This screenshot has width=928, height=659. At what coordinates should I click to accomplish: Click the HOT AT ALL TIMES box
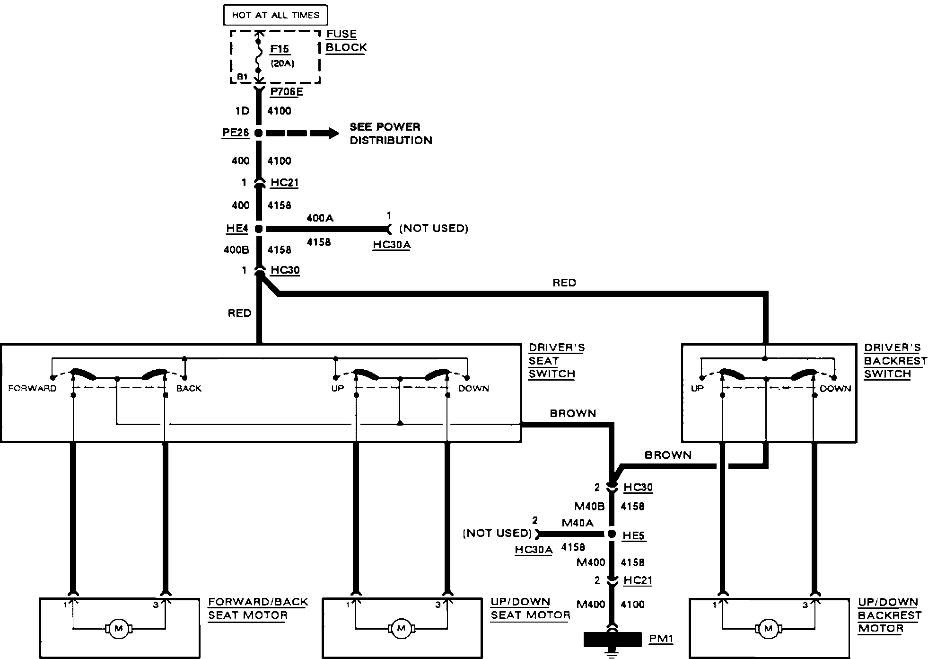pos(275,15)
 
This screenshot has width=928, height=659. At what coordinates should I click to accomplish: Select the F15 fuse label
pos(280,49)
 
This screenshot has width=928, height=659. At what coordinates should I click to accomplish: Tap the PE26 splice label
pos(236,133)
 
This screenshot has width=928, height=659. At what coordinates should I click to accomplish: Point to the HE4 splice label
pos(237,229)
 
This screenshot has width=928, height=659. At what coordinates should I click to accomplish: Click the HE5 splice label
pos(633,535)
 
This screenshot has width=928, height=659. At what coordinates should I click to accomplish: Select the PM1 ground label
pos(661,639)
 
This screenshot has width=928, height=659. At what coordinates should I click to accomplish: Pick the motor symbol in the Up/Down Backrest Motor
pos(768,629)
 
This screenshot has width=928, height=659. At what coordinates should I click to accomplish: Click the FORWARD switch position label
pos(32,389)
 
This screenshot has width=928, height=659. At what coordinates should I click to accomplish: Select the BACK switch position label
pos(189,389)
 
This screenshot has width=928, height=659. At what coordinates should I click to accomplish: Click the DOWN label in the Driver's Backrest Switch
pos(835,389)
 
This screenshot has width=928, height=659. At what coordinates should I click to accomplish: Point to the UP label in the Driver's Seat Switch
pos(338,389)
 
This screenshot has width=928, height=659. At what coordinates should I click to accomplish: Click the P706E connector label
pos(287,92)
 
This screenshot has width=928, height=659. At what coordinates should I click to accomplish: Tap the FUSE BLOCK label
pos(346,41)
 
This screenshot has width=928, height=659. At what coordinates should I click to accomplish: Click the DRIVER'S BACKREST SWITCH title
pos(895,361)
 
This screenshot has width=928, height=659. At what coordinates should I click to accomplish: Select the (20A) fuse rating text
pos(282,63)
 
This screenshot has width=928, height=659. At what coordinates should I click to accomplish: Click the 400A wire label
pos(320,218)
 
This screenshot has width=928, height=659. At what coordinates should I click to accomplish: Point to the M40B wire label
pos(589,507)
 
